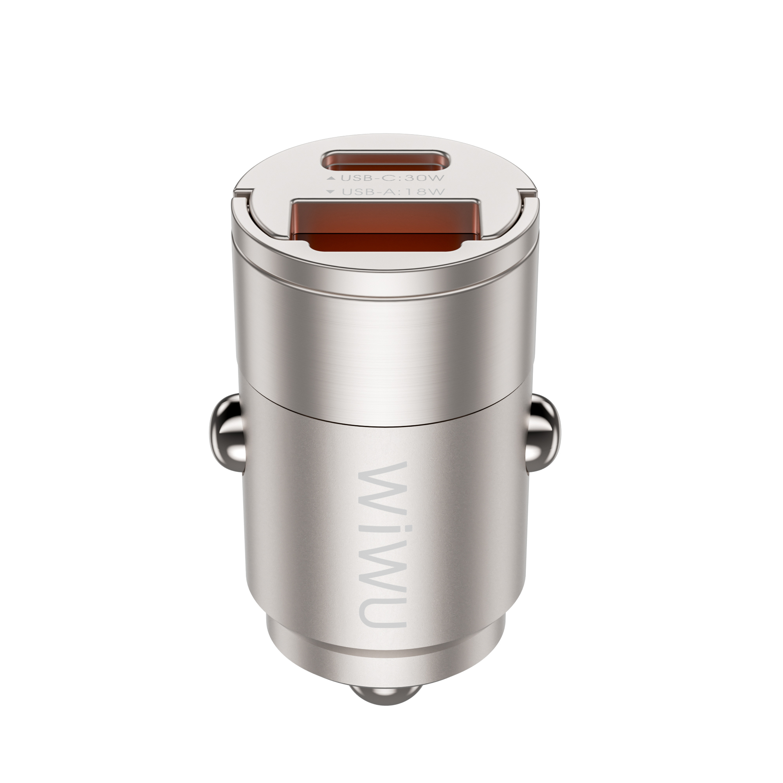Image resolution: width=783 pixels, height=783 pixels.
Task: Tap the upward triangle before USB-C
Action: click(332, 178)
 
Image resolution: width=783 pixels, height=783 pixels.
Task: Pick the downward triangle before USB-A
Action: click(332, 192)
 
